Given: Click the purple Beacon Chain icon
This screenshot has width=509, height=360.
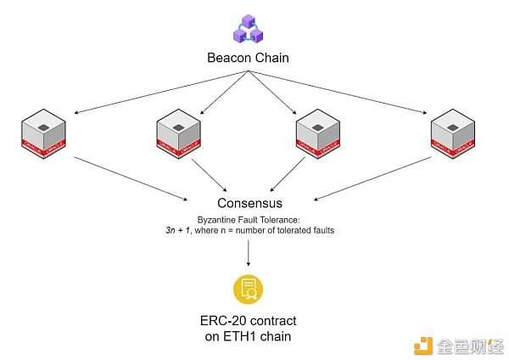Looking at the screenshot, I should (x=249, y=28).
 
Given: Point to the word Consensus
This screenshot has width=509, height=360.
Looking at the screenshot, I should (x=249, y=204).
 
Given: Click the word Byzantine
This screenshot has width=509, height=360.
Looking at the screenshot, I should (x=220, y=219).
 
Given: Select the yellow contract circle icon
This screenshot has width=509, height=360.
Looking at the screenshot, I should (x=249, y=289).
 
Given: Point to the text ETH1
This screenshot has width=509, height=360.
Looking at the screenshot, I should (x=255, y=337).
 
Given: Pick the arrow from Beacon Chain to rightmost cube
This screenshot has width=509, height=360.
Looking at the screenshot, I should (x=339, y=92).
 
